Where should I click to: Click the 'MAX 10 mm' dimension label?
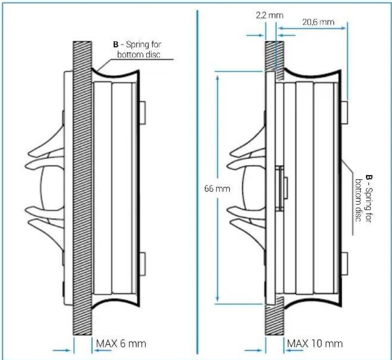(x=315, y=344)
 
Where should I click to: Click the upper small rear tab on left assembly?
(x=143, y=113)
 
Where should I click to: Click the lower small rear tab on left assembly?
(x=143, y=262)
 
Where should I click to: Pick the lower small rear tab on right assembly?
(x=345, y=262)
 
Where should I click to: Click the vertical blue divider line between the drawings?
(x=196, y=177)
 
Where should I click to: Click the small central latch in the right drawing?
(x=280, y=188)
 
